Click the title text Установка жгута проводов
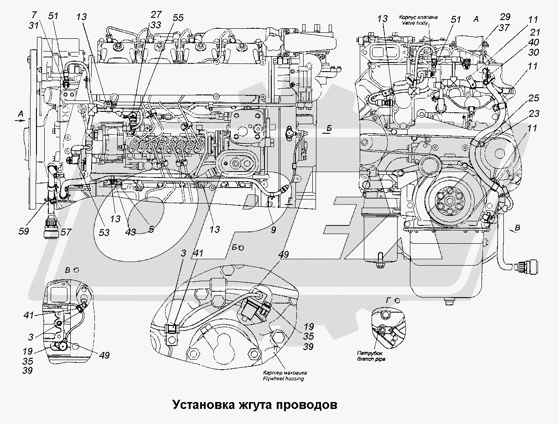tap(255, 404)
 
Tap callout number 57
tap(66, 232)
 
